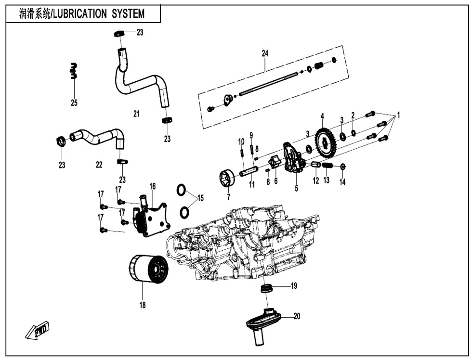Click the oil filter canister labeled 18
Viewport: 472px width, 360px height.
click(x=148, y=270)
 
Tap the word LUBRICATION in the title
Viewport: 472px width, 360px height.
click(x=79, y=13)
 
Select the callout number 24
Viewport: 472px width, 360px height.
click(x=264, y=53)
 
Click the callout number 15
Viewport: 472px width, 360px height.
click(x=200, y=198)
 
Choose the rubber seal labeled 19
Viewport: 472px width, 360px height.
click(x=266, y=288)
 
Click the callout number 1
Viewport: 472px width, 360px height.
click(x=398, y=116)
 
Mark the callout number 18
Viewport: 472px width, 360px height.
click(x=143, y=305)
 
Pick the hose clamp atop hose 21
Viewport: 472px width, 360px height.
click(x=119, y=34)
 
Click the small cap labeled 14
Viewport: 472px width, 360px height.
click(x=342, y=167)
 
